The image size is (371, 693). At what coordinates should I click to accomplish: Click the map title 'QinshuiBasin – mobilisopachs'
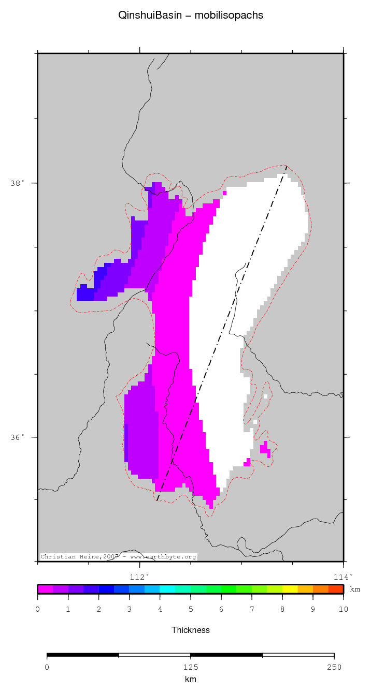(x=191, y=16)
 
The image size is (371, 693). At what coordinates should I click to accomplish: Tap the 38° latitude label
(x=17, y=183)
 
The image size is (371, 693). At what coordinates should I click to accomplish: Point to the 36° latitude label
(x=17, y=437)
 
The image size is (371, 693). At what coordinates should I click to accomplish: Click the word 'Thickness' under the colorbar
(x=191, y=630)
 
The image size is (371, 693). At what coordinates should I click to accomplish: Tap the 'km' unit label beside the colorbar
(x=355, y=589)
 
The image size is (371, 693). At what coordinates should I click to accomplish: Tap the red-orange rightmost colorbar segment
(x=336, y=589)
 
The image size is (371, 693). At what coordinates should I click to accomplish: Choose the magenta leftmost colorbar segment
(x=46, y=589)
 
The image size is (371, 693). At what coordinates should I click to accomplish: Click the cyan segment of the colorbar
(x=167, y=589)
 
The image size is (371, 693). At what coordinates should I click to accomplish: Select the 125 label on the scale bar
(x=191, y=667)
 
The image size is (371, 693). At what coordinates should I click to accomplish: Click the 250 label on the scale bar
(x=334, y=667)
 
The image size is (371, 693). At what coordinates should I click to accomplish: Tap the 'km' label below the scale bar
(x=191, y=679)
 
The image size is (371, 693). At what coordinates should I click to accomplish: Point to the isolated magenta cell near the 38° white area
(x=224, y=193)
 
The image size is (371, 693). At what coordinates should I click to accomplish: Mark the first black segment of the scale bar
(x=83, y=655)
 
